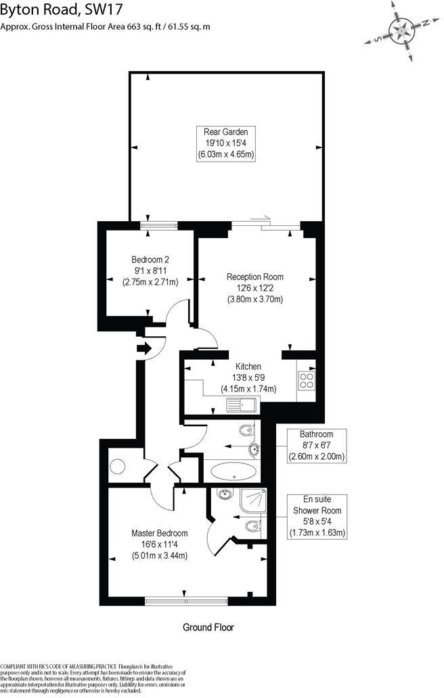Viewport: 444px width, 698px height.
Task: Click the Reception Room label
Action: [254, 277]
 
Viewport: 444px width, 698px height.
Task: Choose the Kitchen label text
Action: [248, 367]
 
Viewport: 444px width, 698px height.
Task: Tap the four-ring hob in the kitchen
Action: [306, 381]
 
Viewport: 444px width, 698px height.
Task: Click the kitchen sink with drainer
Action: [241, 406]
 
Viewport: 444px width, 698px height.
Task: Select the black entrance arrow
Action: [144, 349]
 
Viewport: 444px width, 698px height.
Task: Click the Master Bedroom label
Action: [159, 533]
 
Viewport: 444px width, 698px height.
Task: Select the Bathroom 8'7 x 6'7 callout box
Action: [317, 446]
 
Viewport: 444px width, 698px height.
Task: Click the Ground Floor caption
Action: [208, 627]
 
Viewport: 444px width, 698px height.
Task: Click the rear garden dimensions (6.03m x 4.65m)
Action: [226, 155]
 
